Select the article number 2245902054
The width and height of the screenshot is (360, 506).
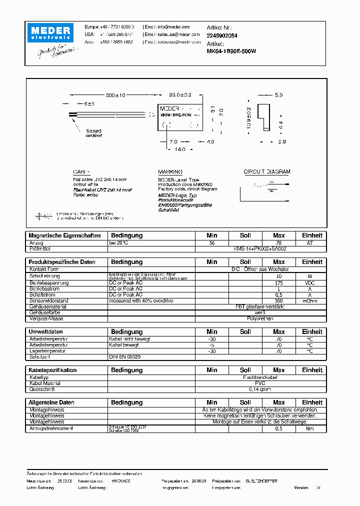222,35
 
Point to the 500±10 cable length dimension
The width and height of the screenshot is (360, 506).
116,95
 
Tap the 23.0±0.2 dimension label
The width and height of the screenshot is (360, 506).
180,95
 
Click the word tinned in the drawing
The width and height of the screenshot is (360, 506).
94,131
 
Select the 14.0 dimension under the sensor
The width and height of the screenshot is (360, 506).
179,149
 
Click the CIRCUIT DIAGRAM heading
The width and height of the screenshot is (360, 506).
266,171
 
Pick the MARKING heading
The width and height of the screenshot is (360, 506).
170,171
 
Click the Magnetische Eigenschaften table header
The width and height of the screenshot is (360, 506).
64,235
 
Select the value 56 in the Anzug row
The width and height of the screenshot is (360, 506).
212,242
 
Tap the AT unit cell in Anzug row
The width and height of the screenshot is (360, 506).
309,242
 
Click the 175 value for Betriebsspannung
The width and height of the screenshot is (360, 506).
279,283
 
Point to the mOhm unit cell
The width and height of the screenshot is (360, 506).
309,301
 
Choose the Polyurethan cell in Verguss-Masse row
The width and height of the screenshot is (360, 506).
260,318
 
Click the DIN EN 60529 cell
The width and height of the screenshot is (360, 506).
125,357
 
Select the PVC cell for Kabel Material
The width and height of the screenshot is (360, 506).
260,383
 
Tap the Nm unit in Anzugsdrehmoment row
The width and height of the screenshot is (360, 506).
309,429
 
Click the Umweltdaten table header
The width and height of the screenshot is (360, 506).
46,332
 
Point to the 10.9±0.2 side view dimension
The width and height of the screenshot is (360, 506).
249,117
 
